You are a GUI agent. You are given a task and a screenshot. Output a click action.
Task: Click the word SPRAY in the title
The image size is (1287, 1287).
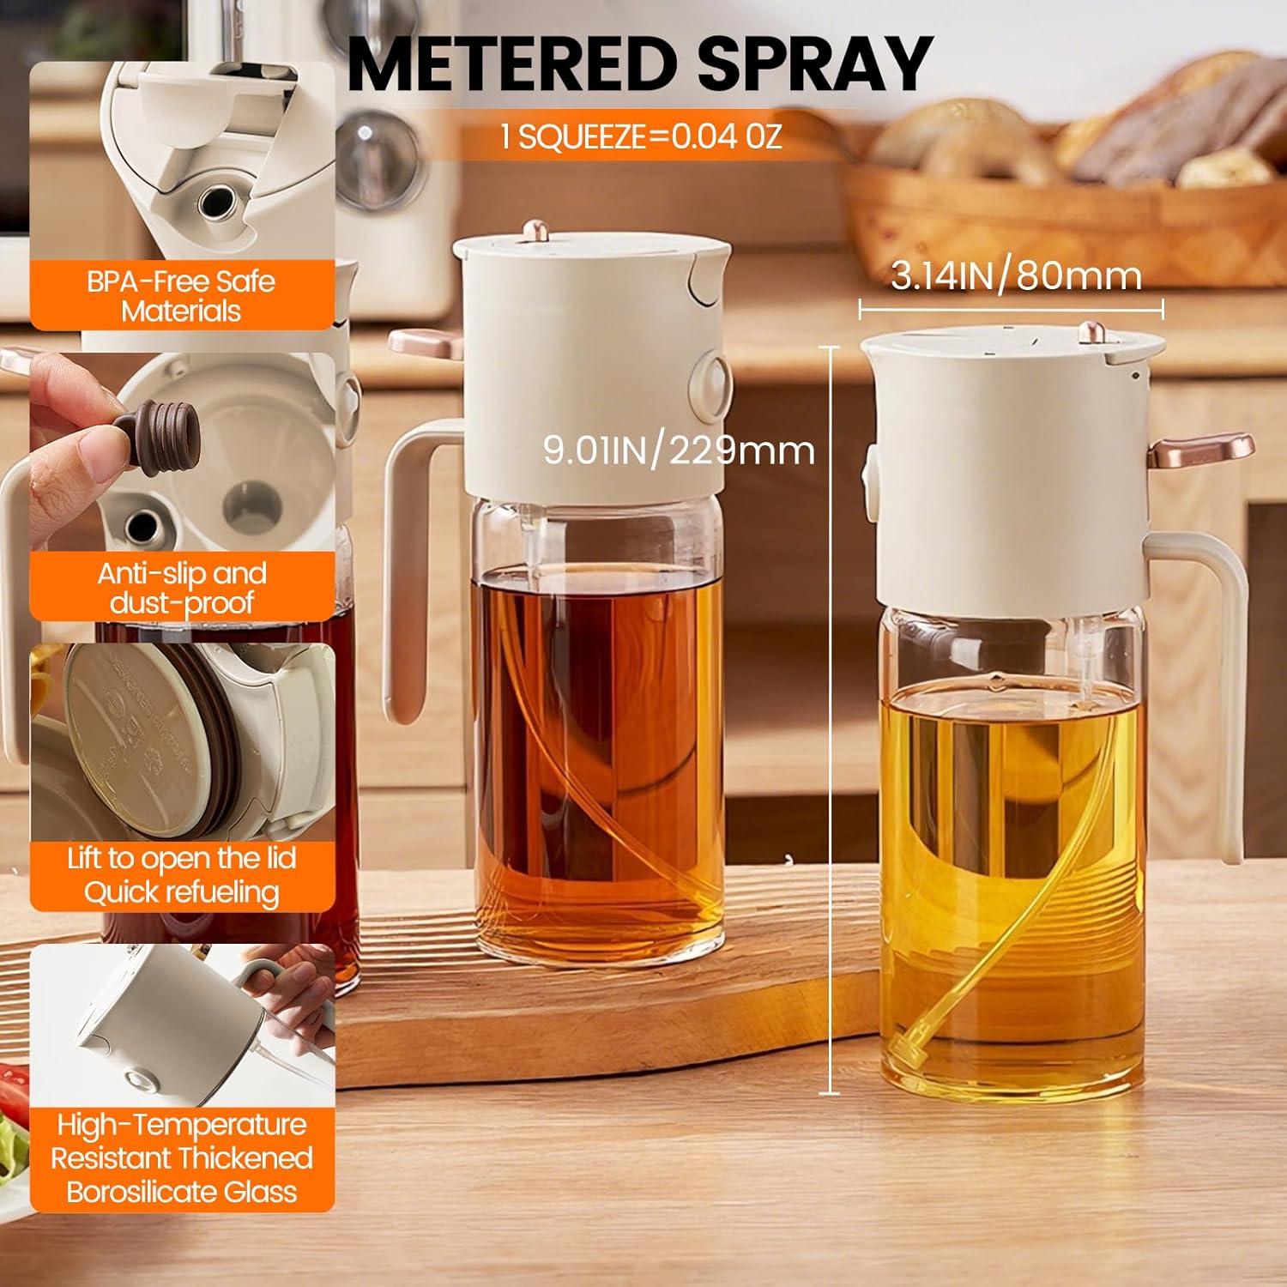click(x=814, y=63)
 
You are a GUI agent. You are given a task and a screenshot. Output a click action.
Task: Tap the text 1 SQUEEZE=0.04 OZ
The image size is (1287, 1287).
click(x=641, y=136)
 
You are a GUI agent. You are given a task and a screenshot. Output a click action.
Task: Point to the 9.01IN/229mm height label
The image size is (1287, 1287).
click(x=679, y=450)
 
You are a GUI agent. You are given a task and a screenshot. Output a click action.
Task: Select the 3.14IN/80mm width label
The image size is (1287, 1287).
click(x=1016, y=276)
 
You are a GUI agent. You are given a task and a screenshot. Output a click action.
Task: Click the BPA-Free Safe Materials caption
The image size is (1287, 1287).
click(x=181, y=296)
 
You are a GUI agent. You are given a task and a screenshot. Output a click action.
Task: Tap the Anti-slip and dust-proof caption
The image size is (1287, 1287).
click(x=182, y=588)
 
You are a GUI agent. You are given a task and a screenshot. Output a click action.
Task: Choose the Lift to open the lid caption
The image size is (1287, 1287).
click(x=182, y=859)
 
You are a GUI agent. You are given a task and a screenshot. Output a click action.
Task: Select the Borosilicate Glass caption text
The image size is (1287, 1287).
click(x=182, y=1192)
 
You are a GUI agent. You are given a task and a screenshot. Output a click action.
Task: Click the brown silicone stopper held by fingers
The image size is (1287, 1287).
click(x=163, y=438)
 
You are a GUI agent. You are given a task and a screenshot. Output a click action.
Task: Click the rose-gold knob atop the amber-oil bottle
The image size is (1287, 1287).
click(x=536, y=230)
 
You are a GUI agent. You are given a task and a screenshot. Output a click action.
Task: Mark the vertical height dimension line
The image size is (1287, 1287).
click(x=830, y=721)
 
